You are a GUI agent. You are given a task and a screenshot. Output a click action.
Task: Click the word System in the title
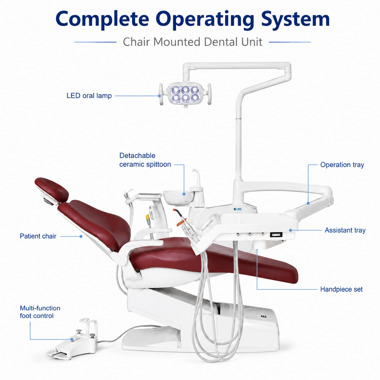(295, 19)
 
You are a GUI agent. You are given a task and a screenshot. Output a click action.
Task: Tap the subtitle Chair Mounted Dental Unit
(192, 42)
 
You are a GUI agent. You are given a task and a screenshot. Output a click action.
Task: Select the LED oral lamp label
(89, 96)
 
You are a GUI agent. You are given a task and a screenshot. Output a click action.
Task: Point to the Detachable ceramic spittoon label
(145, 160)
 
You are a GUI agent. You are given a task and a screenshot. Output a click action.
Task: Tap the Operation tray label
(342, 165)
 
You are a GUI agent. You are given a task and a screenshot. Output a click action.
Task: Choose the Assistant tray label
(345, 230)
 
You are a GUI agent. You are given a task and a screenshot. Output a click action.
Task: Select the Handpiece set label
(341, 289)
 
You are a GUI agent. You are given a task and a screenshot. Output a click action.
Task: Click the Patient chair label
(38, 236)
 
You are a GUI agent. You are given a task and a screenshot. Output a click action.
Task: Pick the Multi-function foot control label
(40, 312)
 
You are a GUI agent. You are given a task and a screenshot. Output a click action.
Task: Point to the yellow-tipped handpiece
(148, 219)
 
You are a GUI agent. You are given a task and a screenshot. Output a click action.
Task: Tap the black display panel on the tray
(276, 235)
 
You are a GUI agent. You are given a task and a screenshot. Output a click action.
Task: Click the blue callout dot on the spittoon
(184, 194)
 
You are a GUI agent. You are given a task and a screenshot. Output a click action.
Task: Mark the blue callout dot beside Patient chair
(81, 236)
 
